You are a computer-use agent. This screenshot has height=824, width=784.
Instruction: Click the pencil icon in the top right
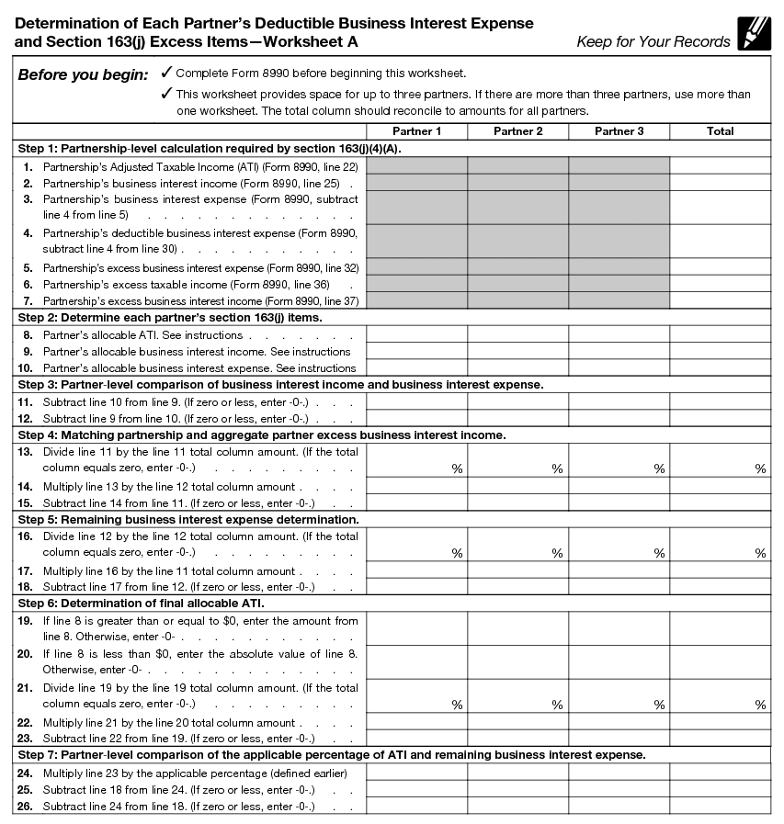click(x=754, y=34)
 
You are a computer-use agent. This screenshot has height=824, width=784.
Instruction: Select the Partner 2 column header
click(x=517, y=131)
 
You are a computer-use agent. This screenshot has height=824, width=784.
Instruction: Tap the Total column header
click(x=720, y=131)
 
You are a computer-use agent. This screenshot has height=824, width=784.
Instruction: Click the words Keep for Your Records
click(x=653, y=41)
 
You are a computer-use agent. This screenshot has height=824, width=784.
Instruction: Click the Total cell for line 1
click(x=720, y=166)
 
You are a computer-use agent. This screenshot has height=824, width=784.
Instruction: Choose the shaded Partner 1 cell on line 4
click(x=416, y=241)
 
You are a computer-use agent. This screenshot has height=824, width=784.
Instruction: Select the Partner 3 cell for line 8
click(x=619, y=335)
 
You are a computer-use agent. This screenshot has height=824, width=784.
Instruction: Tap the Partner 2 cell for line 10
click(x=517, y=368)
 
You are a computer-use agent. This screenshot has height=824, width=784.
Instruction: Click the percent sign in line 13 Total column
click(x=760, y=469)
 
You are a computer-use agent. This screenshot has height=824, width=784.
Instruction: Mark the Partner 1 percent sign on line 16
click(x=457, y=554)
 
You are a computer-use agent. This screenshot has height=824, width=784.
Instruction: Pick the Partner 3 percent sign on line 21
click(x=659, y=705)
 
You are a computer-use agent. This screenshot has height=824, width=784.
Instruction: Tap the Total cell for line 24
click(x=720, y=773)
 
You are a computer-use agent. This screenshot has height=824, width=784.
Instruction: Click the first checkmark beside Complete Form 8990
click(x=165, y=73)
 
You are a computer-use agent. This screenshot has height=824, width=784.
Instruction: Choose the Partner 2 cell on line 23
click(x=517, y=739)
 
